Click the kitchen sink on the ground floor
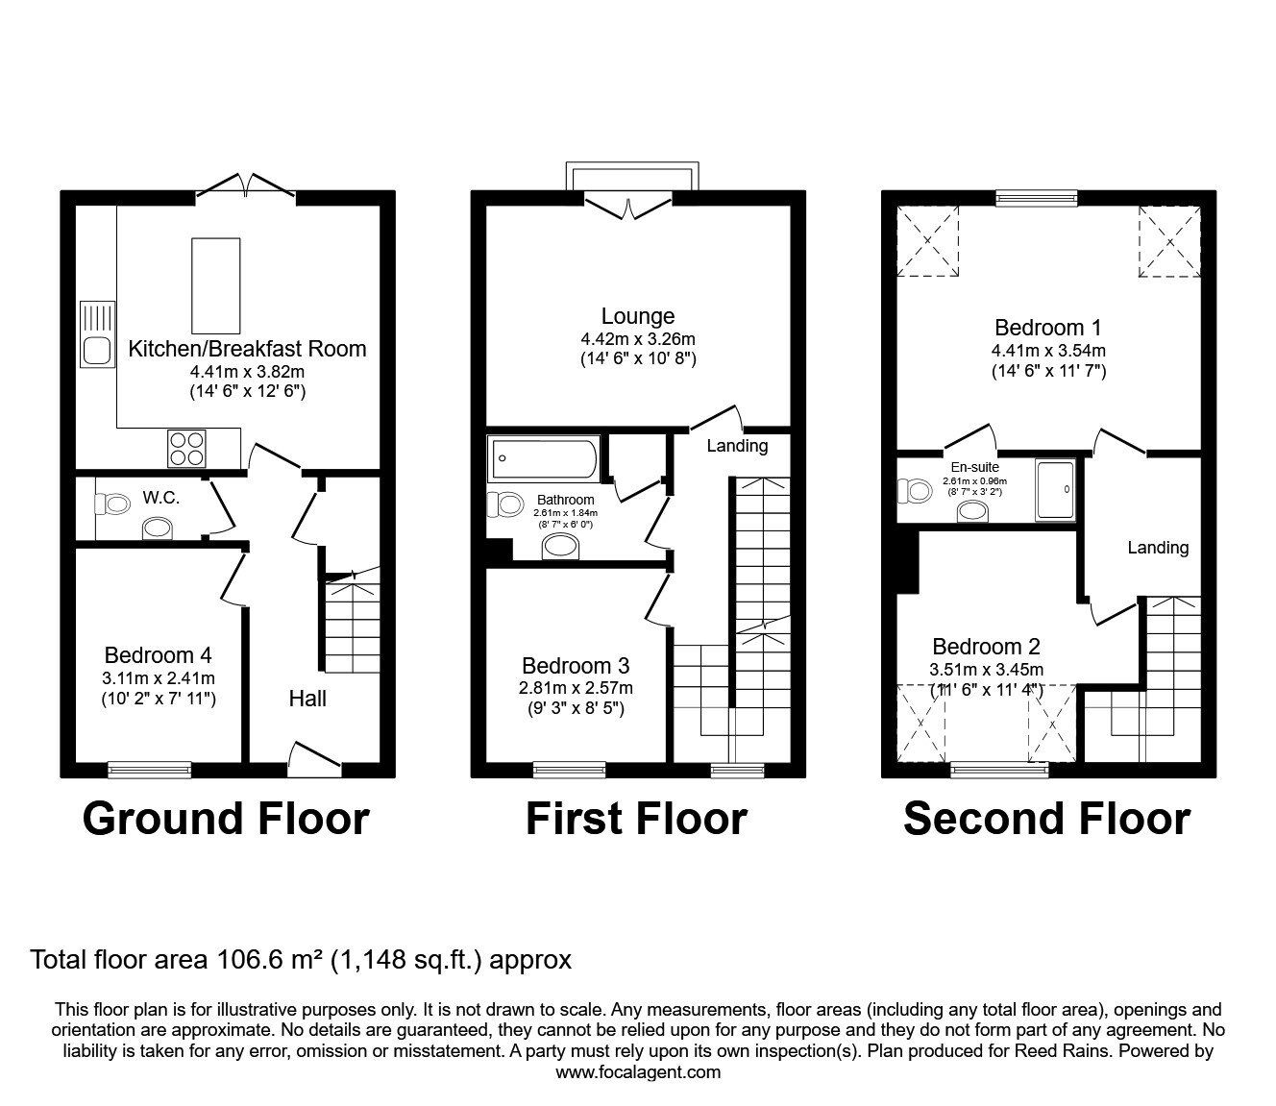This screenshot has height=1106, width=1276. click(x=98, y=334)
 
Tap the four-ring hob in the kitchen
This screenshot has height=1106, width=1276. click(x=186, y=449)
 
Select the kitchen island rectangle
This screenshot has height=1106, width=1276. click(x=215, y=286)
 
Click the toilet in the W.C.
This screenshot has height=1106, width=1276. click(x=113, y=504)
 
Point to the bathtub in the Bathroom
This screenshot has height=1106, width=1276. click(x=544, y=458)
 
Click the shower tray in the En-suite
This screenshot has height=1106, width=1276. click(x=1055, y=490)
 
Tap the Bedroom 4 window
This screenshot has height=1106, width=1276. click(x=149, y=769)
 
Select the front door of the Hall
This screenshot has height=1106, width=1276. click(x=315, y=759)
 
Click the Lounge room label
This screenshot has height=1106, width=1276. click(x=638, y=316)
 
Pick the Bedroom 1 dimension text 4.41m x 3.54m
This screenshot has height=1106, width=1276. click(x=1048, y=351)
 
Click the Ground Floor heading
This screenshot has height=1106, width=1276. click(x=226, y=819)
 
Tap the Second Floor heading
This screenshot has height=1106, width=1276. click(x=1047, y=819)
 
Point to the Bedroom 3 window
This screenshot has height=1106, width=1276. click(x=569, y=769)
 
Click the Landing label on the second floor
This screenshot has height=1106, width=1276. click(x=1158, y=548)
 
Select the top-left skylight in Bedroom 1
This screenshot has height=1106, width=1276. click(x=928, y=241)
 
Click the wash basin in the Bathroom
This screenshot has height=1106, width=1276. click(x=560, y=547)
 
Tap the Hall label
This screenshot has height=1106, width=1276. click(x=307, y=699)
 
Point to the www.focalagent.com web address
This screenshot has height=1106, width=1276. click(x=638, y=1072)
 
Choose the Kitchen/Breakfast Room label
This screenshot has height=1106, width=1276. click(x=248, y=349)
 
